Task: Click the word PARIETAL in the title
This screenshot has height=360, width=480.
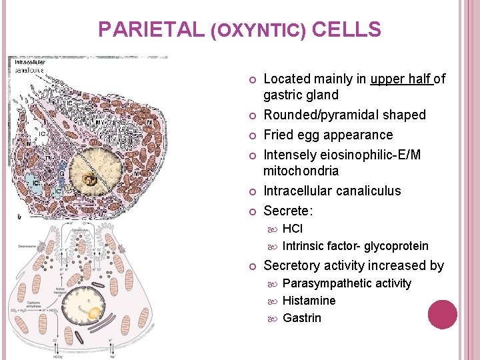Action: coord(151,30)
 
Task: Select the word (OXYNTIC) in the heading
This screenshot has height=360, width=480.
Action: coord(257,31)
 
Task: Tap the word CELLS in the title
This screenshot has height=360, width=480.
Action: coord(346,30)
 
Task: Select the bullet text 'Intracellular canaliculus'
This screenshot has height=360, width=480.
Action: coord(333,191)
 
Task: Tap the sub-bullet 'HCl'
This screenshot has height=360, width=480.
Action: coord(293,229)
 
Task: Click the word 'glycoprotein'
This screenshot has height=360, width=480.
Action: coord(397,246)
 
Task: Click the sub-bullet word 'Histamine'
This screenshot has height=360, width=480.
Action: coord(309,301)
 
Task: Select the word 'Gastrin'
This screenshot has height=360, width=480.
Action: coord(302,318)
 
